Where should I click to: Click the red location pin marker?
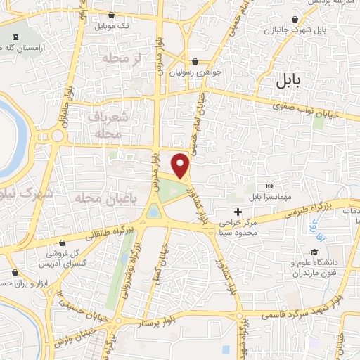pos(181,166)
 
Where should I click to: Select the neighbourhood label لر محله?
pos(127,58)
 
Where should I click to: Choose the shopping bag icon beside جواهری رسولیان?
pos(203,61)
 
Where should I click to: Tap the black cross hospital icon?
pos(238,211)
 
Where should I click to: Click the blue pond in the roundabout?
pos(153,212)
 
